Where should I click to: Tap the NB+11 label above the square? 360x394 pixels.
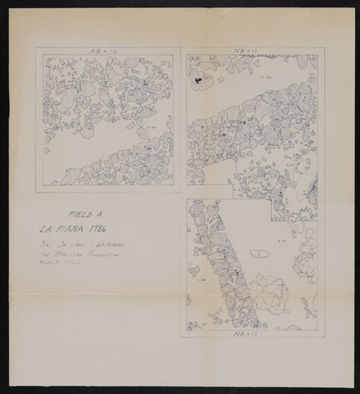pyautogui.click(x=246, y=49)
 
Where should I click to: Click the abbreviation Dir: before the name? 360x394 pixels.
pyautogui.click(x=45, y=245)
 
